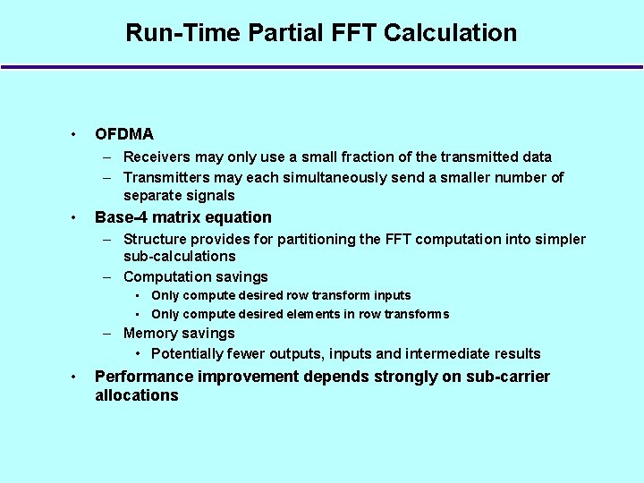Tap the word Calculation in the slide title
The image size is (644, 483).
pos(451,33)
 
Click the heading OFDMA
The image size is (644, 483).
pos(124,134)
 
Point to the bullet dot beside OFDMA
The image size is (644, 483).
pos(73,134)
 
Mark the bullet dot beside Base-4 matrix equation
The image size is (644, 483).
pos(73,217)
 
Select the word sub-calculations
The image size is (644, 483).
pos(180,257)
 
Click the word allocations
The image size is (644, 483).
pos(137,395)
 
